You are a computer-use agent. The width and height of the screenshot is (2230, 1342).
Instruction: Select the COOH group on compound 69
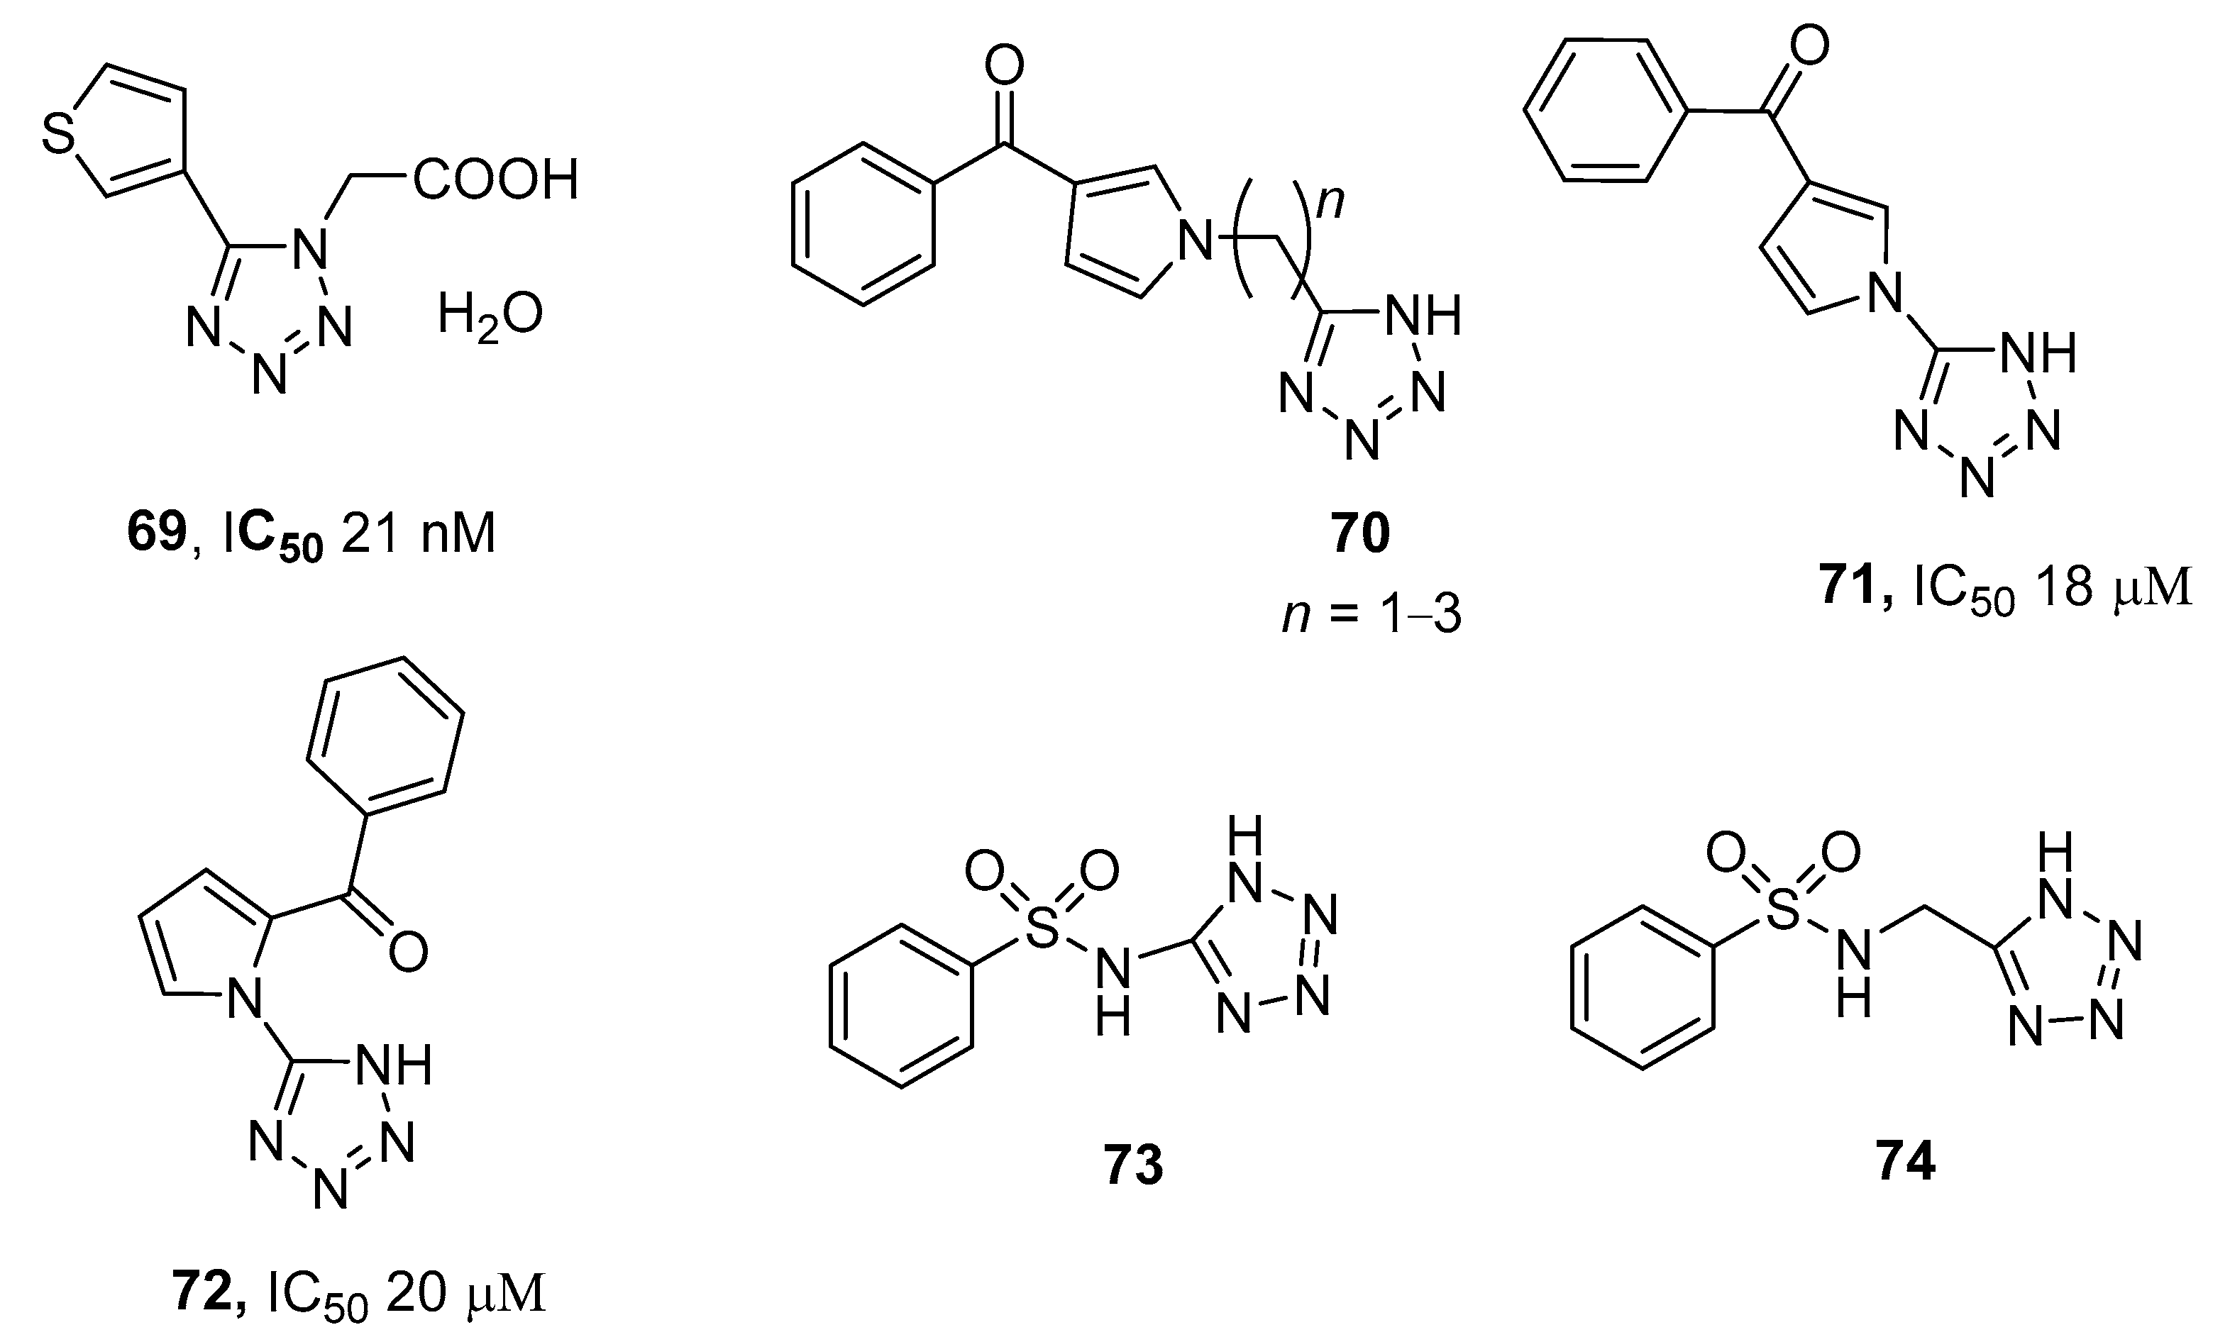tap(495, 180)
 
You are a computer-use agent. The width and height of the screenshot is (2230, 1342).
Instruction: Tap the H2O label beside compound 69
tap(490, 316)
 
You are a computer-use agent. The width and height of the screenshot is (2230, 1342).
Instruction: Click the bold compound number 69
tap(156, 533)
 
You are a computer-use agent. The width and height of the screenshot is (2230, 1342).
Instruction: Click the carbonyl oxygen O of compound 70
tap(1004, 66)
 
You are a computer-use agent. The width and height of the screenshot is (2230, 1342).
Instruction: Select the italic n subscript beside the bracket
tap(1330, 201)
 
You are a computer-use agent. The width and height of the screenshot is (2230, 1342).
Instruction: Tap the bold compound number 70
tap(1360, 533)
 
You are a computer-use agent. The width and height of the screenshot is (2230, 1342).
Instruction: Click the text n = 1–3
tap(1371, 616)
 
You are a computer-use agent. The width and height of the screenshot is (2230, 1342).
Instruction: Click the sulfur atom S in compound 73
tap(1043, 931)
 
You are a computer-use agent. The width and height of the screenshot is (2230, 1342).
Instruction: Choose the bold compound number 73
tap(1133, 1165)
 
